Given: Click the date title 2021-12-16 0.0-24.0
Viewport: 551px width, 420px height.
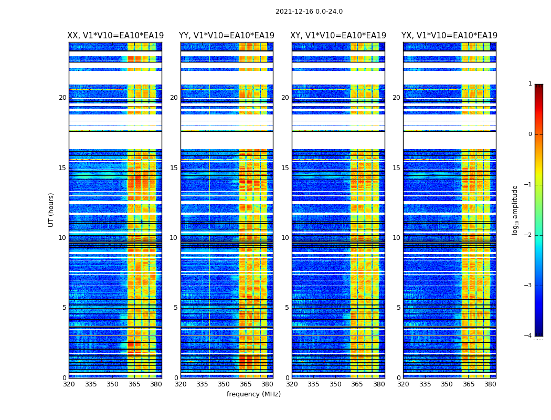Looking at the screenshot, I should coord(309,12).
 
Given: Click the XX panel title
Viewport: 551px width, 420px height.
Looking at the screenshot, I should coord(115,36).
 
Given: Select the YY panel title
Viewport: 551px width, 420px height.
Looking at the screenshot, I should coord(227,36).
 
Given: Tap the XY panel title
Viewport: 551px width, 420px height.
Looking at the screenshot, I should coord(338,36).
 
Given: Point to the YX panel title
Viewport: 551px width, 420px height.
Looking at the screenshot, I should coord(449,36).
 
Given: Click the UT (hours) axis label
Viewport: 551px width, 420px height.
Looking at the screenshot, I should coord(51,209).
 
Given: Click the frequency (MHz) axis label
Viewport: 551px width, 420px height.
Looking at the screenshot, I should coord(253,394).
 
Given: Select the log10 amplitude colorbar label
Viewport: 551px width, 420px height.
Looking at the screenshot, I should coord(515,209).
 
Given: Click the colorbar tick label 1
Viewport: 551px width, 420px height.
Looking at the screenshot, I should coord(529,84).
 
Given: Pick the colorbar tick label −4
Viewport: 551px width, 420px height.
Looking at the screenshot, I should coord(528,336).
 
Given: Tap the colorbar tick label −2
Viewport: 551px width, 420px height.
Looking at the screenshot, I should coord(528,235).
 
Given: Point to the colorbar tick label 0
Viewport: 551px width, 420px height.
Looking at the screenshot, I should coord(529,134).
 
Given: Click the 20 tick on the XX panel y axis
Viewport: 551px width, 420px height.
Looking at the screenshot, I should coord(62,98).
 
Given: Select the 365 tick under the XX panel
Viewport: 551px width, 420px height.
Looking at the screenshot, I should coord(134,384).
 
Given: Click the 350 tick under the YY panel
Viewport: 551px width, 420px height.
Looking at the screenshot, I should coord(224,384).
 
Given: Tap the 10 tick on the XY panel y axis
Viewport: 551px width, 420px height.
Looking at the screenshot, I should coord(285,238).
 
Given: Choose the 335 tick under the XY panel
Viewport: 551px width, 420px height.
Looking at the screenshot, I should coord(314,384).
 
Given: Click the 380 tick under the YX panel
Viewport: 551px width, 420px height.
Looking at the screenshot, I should coord(490,384).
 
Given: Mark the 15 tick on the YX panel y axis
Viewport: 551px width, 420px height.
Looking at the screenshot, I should coord(396,168).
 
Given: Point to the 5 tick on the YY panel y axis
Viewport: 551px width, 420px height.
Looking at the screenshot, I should coord(176,308).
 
